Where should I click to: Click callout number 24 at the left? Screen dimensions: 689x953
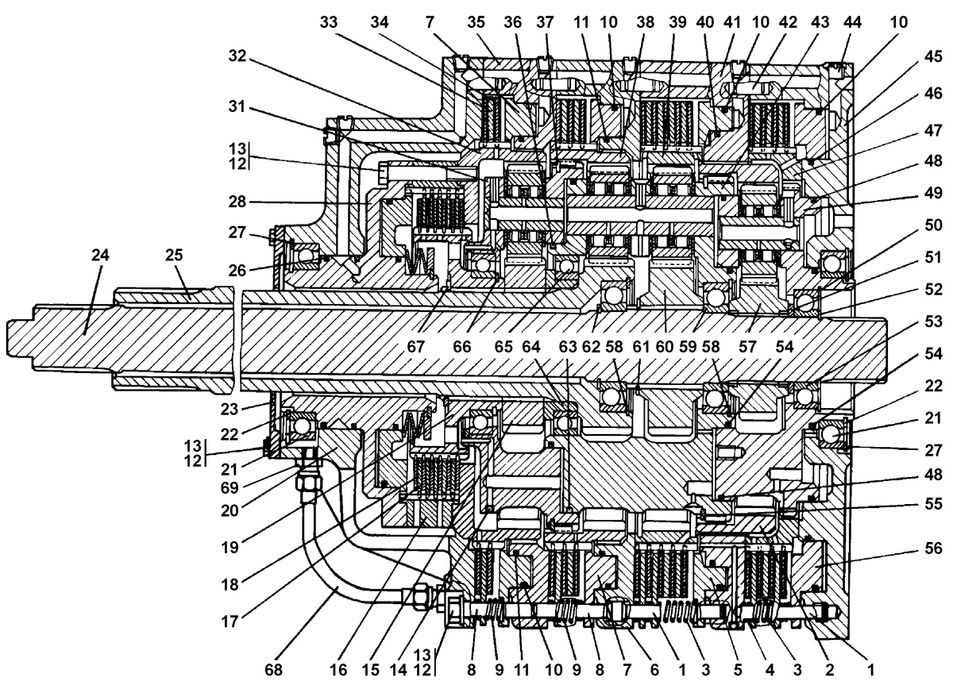(100, 256)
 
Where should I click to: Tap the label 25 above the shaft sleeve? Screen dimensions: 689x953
(173, 256)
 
